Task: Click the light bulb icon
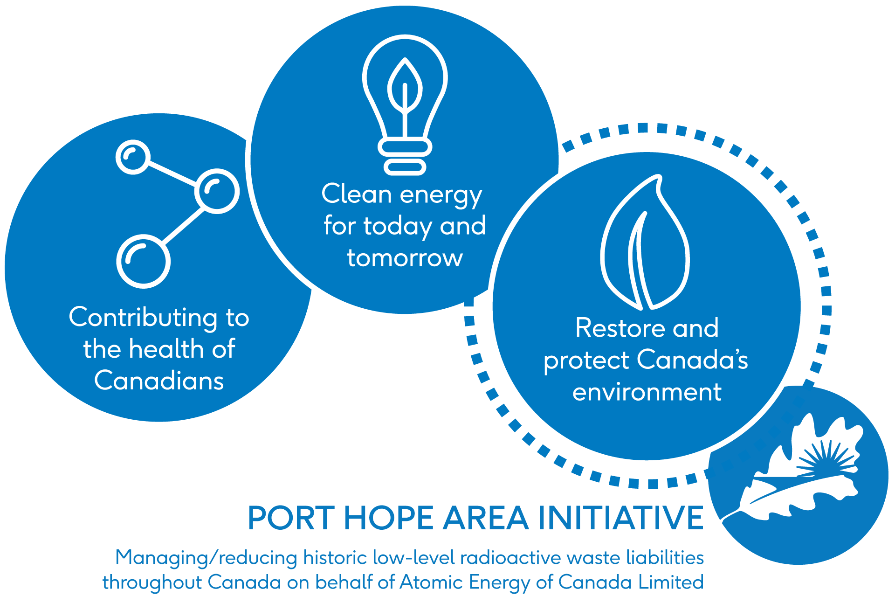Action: (405, 105)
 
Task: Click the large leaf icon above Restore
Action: (645, 243)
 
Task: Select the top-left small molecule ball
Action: (133, 157)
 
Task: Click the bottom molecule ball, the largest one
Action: (143, 261)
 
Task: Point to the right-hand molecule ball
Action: (217, 191)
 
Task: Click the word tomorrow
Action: (405, 258)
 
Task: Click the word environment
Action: (647, 392)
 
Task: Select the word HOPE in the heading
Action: (389, 518)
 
